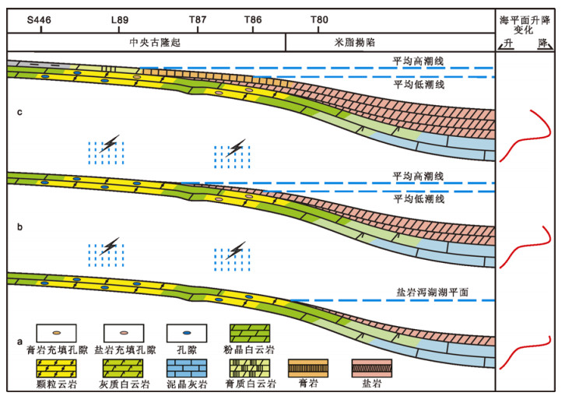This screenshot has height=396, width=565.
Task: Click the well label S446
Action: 38,19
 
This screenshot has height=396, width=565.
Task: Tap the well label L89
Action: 120,19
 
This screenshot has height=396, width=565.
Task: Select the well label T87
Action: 198,19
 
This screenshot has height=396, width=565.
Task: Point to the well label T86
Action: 253,19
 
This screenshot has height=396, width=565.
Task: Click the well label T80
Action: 319,19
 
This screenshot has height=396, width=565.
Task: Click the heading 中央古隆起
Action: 156,43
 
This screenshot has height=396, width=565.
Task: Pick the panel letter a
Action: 19,342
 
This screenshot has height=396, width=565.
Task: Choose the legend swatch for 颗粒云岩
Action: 51,366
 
